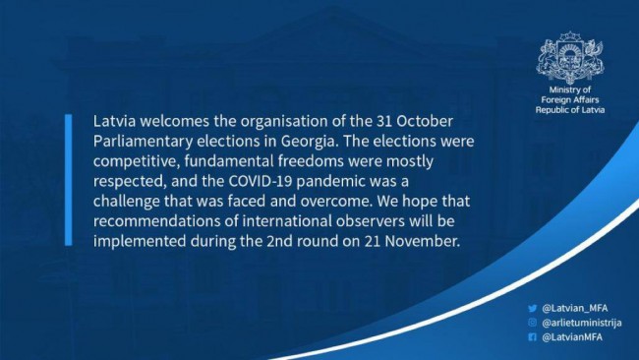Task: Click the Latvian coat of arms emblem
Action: [570, 58]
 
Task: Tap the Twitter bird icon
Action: [532, 308]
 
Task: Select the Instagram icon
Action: [532, 323]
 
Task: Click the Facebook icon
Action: [532, 336]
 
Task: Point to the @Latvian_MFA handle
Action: [575, 308]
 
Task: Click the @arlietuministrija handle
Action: [582, 323]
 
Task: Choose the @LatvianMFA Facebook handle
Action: [572, 337]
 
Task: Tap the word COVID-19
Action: [260, 181]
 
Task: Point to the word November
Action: [422, 241]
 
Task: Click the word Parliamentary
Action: [144, 142]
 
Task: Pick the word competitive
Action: [137, 162]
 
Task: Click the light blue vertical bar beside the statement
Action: [69, 180]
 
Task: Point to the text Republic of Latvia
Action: [570, 109]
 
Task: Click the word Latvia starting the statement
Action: [114, 121]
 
